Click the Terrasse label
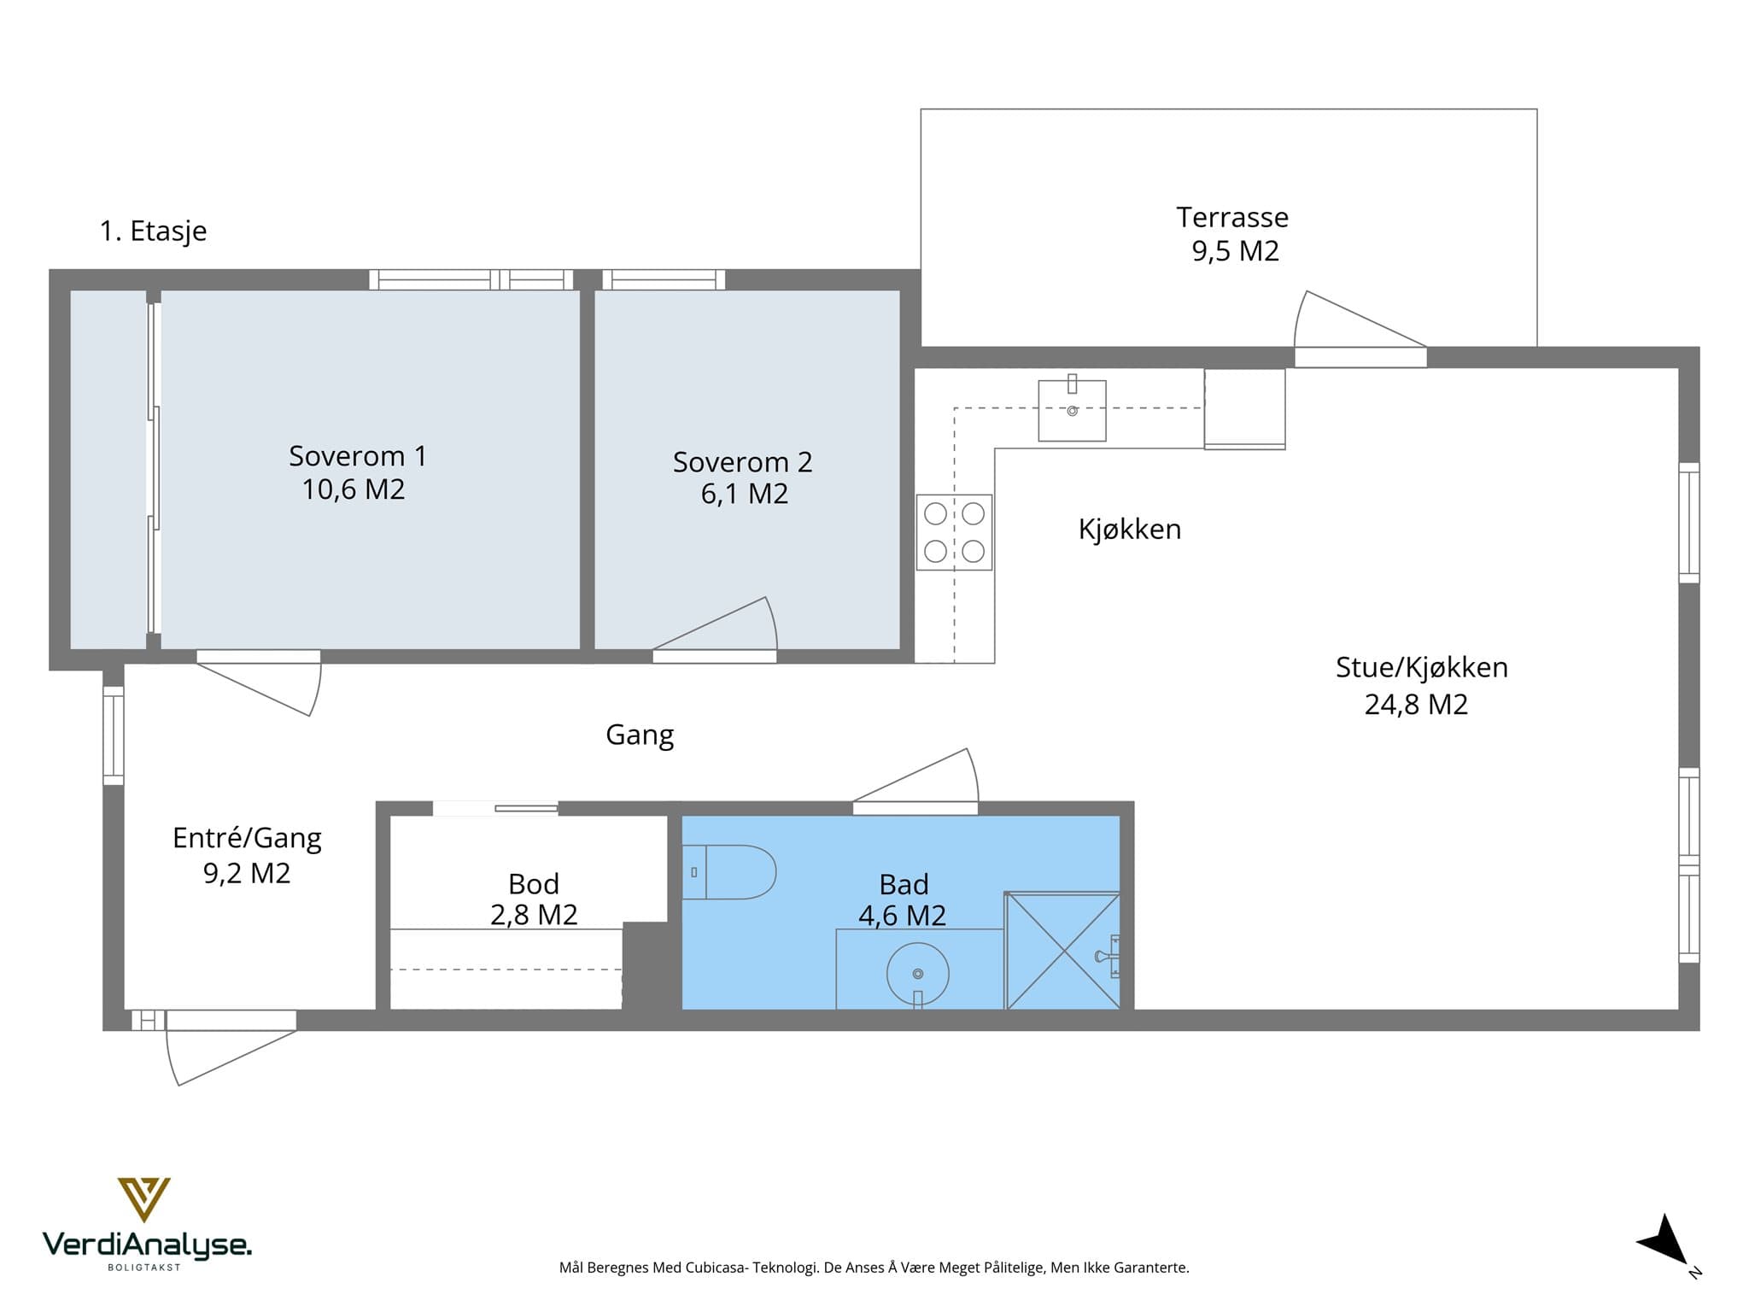point(1231,218)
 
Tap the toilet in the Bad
point(728,872)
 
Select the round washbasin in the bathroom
point(918,974)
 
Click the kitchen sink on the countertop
point(1072,410)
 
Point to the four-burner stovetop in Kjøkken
point(954,532)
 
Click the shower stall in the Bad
point(1062,951)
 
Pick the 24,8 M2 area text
point(1416,705)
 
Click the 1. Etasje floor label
point(154,231)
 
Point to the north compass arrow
point(1665,1244)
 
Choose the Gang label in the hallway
point(640,735)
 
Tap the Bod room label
point(534,883)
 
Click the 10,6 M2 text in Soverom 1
point(354,489)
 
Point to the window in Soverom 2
point(664,279)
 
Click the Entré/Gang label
point(247,838)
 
